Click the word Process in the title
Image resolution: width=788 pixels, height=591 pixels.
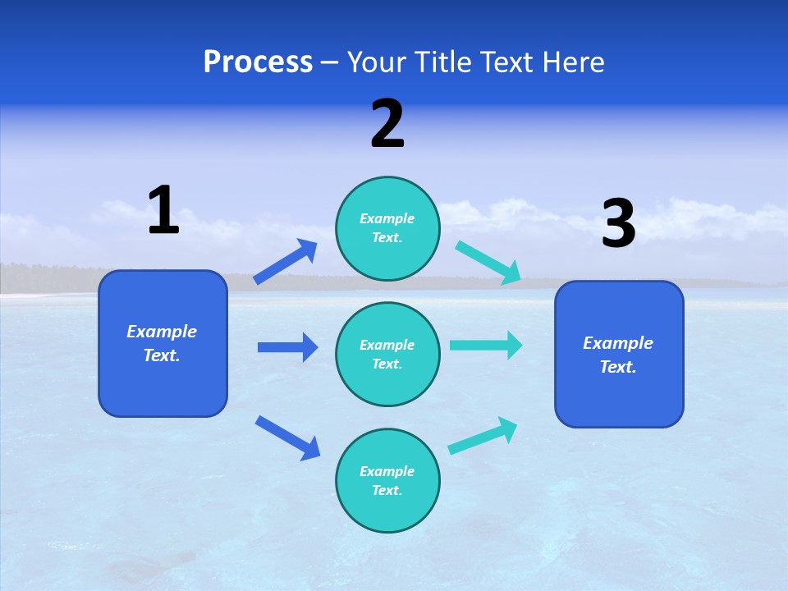(258, 62)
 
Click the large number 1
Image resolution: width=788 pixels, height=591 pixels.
(163, 210)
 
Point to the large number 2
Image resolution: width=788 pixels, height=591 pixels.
(387, 124)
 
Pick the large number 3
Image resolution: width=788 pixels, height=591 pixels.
(618, 223)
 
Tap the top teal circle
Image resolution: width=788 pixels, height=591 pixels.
(387, 228)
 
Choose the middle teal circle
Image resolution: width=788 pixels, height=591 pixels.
(387, 355)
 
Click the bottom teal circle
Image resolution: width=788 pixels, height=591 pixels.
(387, 481)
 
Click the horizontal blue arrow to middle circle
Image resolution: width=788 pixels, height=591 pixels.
(287, 347)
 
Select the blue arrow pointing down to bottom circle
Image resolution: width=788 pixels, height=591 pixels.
(287, 438)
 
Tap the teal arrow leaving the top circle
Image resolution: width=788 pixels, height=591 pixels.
(488, 263)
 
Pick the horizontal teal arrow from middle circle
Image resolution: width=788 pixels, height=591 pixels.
(486, 345)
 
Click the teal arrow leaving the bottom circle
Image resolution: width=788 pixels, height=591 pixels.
(483, 436)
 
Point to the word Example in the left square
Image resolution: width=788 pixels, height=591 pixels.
(162, 332)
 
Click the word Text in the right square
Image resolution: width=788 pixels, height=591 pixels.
(616, 367)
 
